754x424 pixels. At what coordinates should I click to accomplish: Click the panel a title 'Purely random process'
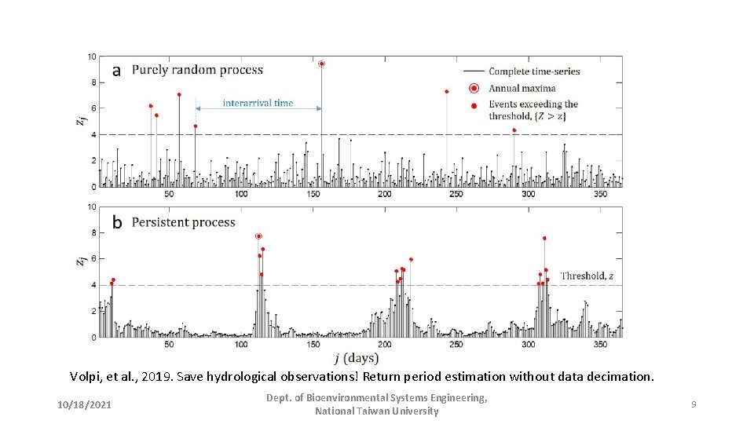(x=197, y=70)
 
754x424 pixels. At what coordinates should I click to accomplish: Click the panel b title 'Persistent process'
(x=183, y=222)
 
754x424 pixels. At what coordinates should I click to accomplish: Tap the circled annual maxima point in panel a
(x=321, y=64)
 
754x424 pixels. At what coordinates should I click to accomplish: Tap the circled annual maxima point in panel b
(x=258, y=236)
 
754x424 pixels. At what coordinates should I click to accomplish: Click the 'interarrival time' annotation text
(x=258, y=103)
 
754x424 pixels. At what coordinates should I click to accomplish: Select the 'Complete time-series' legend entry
(x=534, y=71)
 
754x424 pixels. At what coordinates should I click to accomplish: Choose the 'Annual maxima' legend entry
(x=522, y=88)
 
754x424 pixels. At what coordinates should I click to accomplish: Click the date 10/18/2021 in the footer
(x=84, y=404)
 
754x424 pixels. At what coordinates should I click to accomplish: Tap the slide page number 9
(x=694, y=404)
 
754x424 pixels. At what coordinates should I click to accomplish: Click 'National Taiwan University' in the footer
(x=376, y=411)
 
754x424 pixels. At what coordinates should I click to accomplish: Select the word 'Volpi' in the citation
(x=84, y=377)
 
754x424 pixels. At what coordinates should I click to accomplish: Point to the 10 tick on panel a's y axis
(x=92, y=57)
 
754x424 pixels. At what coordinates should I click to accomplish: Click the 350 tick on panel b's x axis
(x=600, y=345)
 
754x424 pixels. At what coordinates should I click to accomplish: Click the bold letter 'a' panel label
(x=116, y=71)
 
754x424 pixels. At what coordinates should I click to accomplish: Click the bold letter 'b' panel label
(x=116, y=222)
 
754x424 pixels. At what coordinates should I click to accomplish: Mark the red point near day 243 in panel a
(x=446, y=92)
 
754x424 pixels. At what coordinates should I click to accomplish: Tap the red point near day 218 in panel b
(x=411, y=259)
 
